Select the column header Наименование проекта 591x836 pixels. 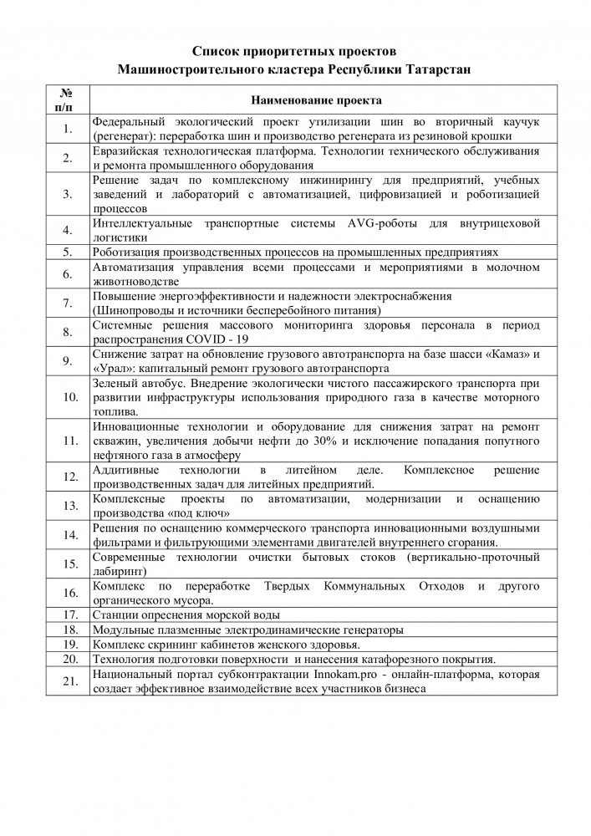pyautogui.click(x=317, y=100)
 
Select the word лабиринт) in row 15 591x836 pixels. pyautogui.click(x=120, y=571)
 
